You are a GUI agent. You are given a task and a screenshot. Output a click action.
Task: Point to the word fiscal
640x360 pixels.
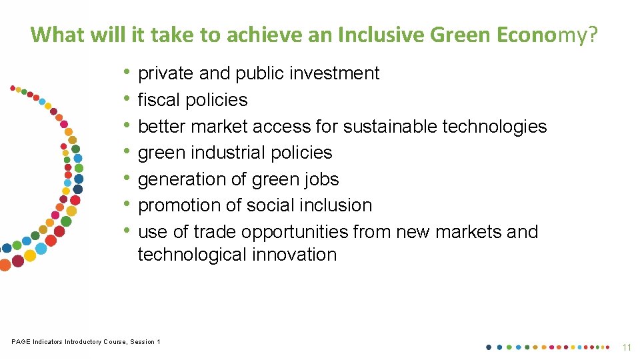[x=159, y=100]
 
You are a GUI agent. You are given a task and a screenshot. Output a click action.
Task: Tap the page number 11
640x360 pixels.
[x=626, y=347]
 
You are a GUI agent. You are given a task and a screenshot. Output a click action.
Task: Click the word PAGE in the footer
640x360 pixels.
[x=21, y=342]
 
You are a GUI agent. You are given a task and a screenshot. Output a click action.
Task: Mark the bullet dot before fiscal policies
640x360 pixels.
[x=127, y=99]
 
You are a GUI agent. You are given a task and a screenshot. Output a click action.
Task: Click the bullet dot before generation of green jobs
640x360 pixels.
[x=127, y=179]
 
